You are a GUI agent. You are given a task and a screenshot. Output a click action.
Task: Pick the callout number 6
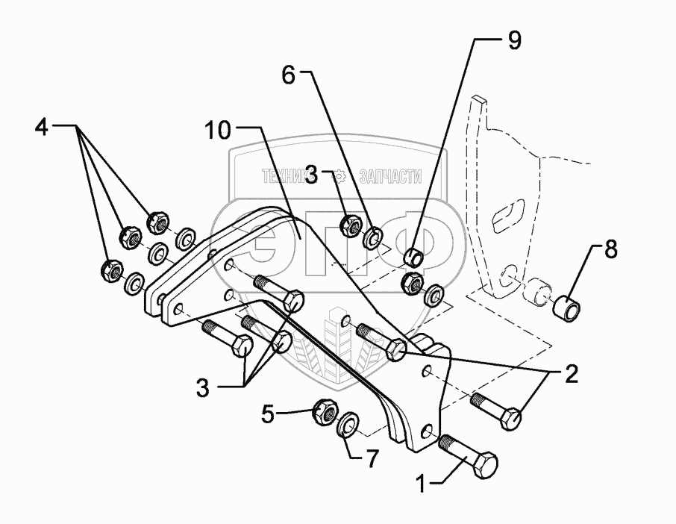pos(289,75)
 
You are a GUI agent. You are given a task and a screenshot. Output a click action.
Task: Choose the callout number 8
pos(610,251)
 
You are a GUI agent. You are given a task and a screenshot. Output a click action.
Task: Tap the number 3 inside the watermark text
pos(313,176)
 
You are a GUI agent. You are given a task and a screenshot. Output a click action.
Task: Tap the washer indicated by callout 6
pos(372,238)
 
